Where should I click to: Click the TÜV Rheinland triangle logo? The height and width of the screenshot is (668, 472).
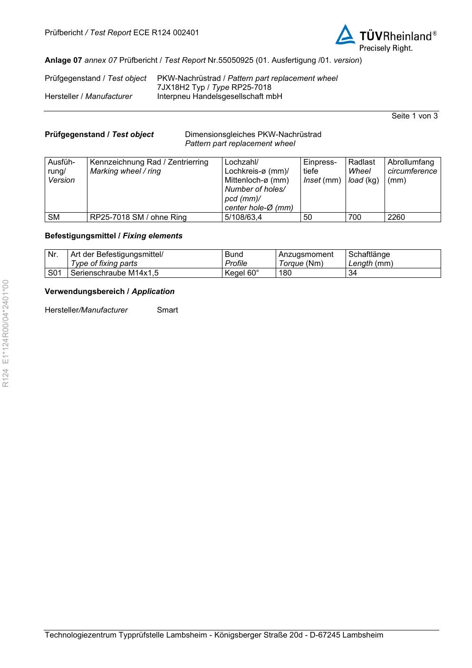click(x=345, y=35)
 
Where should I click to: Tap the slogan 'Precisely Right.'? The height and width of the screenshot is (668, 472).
click(x=385, y=48)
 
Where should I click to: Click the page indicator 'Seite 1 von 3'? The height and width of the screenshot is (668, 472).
click(x=414, y=116)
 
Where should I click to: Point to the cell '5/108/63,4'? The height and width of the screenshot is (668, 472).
click(x=243, y=217)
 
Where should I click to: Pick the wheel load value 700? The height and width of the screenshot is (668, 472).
click(x=355, y=217)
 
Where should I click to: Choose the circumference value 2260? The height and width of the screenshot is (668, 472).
click(x=396, y=217)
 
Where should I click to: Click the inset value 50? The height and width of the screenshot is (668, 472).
click(x=308, y=217)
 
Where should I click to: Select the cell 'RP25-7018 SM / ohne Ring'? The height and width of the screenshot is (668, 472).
click(x=138, y=217)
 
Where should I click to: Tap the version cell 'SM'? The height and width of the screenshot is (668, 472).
click(x=54, y=217)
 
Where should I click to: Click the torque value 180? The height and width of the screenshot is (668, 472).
click(x=285, y=273)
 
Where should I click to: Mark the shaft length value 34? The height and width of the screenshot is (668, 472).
click(x=353, y=273)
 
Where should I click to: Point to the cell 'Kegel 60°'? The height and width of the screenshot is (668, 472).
click(x=242, y=273)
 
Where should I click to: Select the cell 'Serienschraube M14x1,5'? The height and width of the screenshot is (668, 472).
click(x=115, y=273)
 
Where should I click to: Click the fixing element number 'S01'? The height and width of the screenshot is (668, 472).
click(x=55, y=273)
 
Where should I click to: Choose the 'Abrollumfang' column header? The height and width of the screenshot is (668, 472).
click(x=411, y=162)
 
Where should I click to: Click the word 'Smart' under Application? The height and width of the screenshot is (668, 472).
click(x=167, y=310)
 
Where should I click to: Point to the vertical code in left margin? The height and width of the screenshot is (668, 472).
click(x=6, y=334)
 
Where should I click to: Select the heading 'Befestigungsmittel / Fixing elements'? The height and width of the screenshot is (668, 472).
click(x=113, y=236)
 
